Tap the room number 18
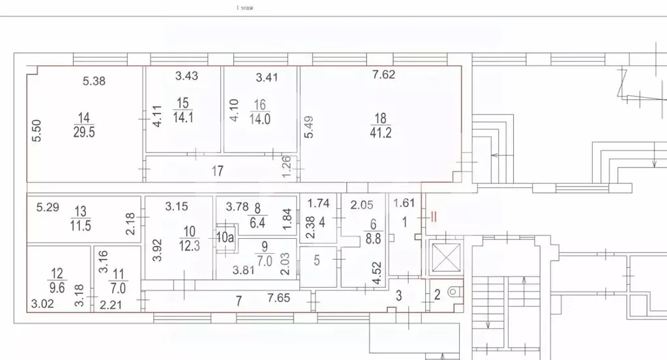(381, 118)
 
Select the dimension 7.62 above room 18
(383, 74)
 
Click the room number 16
(260, 104)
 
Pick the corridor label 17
(218, 172)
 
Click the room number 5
(317, 261)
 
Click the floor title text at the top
(245, 8)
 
